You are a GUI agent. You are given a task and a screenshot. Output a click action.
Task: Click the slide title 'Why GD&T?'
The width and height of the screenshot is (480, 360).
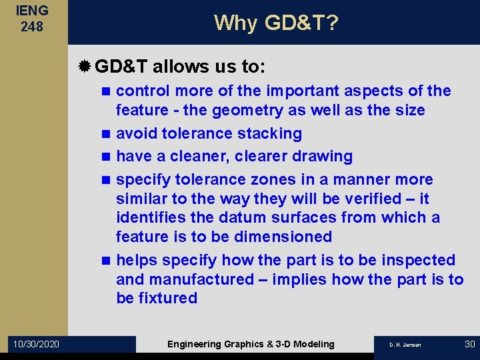click(x=276, y=23)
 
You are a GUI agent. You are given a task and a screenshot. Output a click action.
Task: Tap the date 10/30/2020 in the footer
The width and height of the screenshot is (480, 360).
click(x=35, y=344)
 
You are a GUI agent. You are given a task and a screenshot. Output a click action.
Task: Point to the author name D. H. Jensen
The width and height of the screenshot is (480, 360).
click(x=405, y=345)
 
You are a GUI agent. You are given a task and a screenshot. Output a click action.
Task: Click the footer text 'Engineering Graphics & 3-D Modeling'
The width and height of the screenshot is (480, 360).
click(x=251, y=344)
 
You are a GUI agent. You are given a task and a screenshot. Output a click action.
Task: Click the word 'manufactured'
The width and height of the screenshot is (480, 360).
click(x=199, y=279)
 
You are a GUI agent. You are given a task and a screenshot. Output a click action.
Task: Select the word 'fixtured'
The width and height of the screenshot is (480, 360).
click(x=167, y=298)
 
